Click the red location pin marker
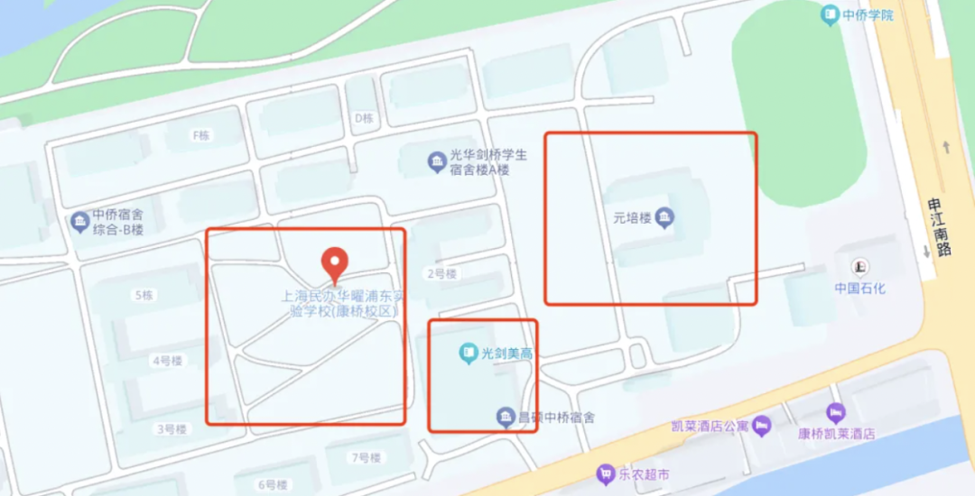[335, 262]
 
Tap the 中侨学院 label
[867, 14]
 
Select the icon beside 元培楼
[665, 217]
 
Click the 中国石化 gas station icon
[860, 266]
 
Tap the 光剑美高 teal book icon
[468, 353]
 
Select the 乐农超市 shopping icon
[606, 473]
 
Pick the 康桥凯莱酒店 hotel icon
[835, 413]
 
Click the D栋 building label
[364, 117]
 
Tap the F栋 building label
[200, 135]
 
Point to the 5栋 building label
[144, 295]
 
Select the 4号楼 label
[168, 361]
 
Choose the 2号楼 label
[441, 273]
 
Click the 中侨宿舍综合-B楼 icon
[79, 221]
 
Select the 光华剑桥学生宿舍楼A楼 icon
[436, 162]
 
